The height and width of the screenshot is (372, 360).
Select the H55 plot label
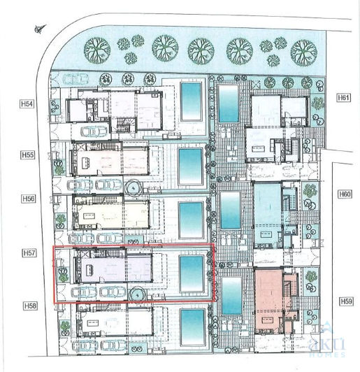point(27,154)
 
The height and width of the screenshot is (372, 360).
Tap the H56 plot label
point(27,199)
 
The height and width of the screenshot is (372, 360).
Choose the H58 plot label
point(27,306)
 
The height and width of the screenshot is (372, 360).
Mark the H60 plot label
point(343,194)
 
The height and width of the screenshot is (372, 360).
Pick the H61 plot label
point(343,97)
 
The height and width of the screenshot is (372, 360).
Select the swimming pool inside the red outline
point(190,273)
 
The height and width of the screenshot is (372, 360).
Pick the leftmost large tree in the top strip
point(96,50)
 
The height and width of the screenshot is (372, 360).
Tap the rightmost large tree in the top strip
point(304,50)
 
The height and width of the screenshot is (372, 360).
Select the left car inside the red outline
point(83,292)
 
